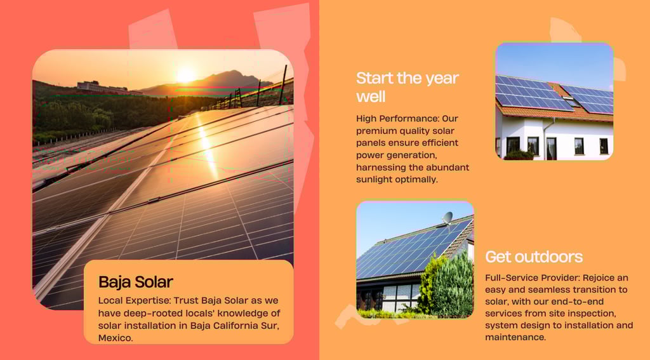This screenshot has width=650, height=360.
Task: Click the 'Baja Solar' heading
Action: [136, 282]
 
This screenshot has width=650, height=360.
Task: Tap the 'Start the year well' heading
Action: [408, 87]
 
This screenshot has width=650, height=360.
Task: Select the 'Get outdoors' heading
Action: [534, 257]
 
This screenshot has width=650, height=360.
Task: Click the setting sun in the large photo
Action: [185, 76]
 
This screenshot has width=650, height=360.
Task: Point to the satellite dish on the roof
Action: [448, 218]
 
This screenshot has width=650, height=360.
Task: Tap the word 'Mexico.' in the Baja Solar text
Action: [116, 338]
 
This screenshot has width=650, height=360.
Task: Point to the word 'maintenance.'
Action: [515, 337]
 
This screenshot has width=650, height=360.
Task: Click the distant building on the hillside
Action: [102, 87]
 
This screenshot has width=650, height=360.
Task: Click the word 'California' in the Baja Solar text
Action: [235, 326]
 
